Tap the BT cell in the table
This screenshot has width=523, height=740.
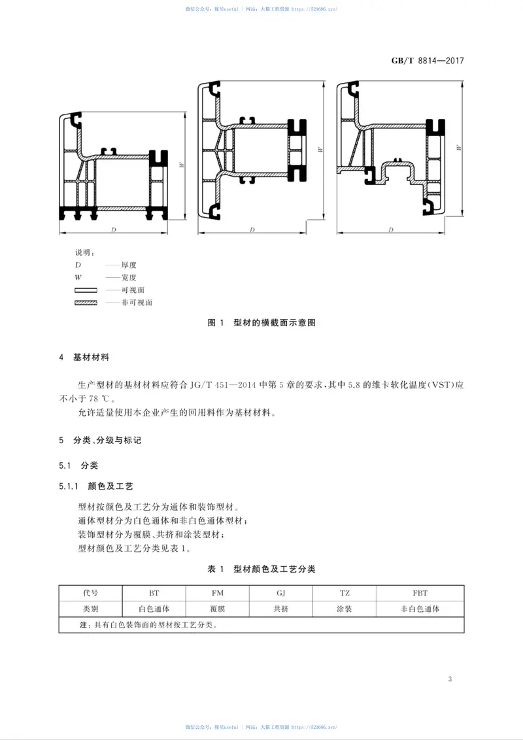coord(154,593)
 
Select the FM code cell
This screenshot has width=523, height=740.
coord(218,593)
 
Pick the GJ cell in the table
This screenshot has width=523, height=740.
coord(281,593)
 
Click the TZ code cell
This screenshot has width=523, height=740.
coord(345,593)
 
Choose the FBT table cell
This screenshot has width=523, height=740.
coord(420,593)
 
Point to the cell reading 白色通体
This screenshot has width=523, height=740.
coord(154,609)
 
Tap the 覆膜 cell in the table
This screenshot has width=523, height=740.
coord(218,609)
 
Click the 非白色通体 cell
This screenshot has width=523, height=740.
coord(420,609)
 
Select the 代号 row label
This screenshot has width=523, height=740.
coord(90,593)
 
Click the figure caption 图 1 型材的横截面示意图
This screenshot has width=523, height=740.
coord(261,323)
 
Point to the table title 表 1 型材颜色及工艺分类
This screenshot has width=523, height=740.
coord(261,569)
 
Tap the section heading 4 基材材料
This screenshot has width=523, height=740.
coord(84,358)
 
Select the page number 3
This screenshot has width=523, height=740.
coord(450,679)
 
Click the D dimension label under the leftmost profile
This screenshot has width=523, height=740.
coord(114,230)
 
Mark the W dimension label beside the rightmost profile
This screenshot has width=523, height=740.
coord(460,148)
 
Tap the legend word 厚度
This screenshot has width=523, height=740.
coord(129,265)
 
